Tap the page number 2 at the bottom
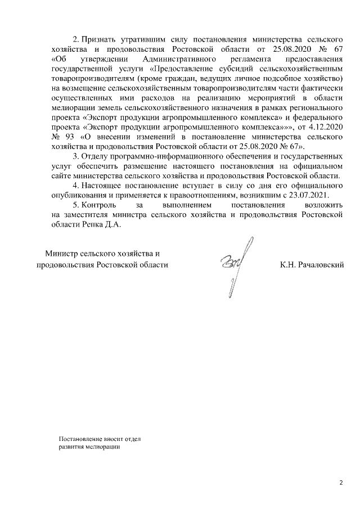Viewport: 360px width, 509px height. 341,483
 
